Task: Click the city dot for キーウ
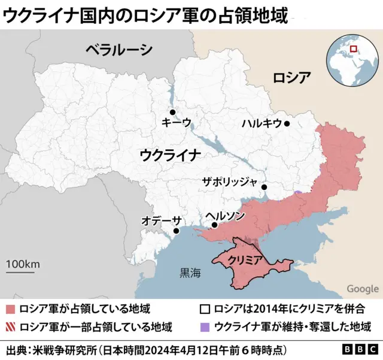click(x=172, y=112)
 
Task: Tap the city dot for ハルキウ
click(x=287, y=124)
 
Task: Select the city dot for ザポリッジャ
click(x=264, y=188)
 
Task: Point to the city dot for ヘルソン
click(x=214, y=225)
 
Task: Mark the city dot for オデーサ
click(x=176, y=231)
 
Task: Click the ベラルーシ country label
click(x=118, y=50)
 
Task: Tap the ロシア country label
click(x=291, y=78)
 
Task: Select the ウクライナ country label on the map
click(x=171, y=155)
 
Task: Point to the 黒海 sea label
click(x=191, y=274)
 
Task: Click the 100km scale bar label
click(x=23, y=264)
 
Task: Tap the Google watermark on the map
click(x=363, y=289)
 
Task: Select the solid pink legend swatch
click(x=11, y=310)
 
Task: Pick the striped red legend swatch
click(x=11, y=327)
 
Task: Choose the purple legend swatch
click(x=205, y=327)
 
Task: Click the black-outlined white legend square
click(x=205, y=310)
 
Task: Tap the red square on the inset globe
click(x=353, y=49)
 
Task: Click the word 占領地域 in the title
click(x=259, y=14)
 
